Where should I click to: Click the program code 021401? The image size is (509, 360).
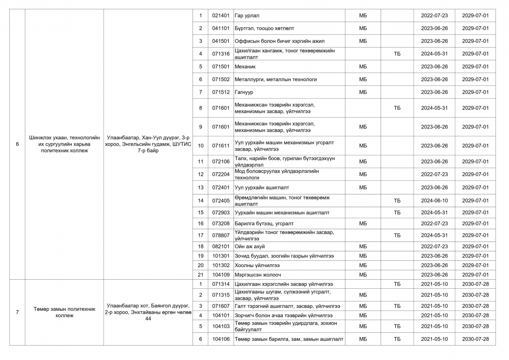tap(221, 16)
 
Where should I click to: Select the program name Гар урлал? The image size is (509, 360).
tap(244, 16)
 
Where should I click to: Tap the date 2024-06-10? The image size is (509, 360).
tap(434, 200)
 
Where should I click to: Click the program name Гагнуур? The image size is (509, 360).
tap(244, 92)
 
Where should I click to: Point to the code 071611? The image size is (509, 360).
tap(221, 146)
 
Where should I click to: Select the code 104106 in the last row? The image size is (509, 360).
tap(221, 339)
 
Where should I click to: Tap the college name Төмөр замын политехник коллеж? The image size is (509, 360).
tap(64, 312)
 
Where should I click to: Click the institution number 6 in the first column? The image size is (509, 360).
tap(17, 144)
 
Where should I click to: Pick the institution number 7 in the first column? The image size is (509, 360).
tap(17, 312)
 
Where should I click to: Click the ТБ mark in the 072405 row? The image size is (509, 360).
tap(397, 200)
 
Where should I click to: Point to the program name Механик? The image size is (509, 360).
tap(245, 67)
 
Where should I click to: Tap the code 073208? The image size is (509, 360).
tap(221, 223)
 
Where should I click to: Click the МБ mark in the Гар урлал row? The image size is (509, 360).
tap(363, 16)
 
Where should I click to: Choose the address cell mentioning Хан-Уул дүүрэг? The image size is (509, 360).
tap(148, 144)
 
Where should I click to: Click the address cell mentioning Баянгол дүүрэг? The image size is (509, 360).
tap(148, 312)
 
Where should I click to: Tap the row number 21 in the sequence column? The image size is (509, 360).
tap(201, 275)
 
